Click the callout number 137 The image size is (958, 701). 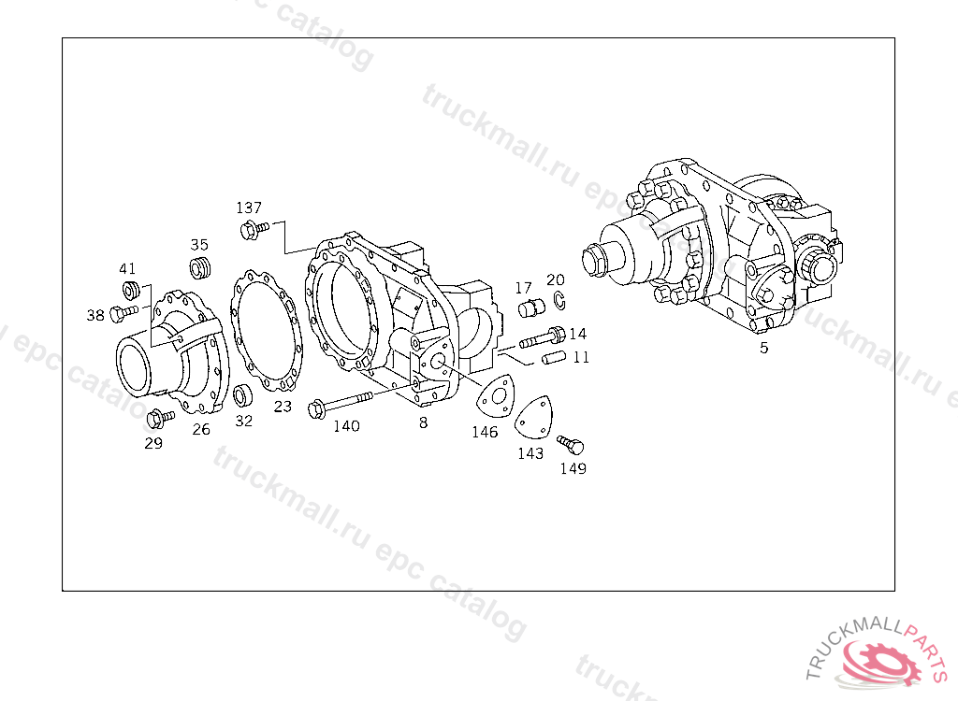point(249,207)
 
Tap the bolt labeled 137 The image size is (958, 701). point(254,230)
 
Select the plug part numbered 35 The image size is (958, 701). point(200,268)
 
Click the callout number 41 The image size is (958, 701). point(127,268)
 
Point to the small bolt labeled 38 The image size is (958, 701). point(124,313)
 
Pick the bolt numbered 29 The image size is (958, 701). point(160,419)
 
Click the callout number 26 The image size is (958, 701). point(201,429)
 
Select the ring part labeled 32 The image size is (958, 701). point(243,395)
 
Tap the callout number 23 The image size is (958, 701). point(283,407)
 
